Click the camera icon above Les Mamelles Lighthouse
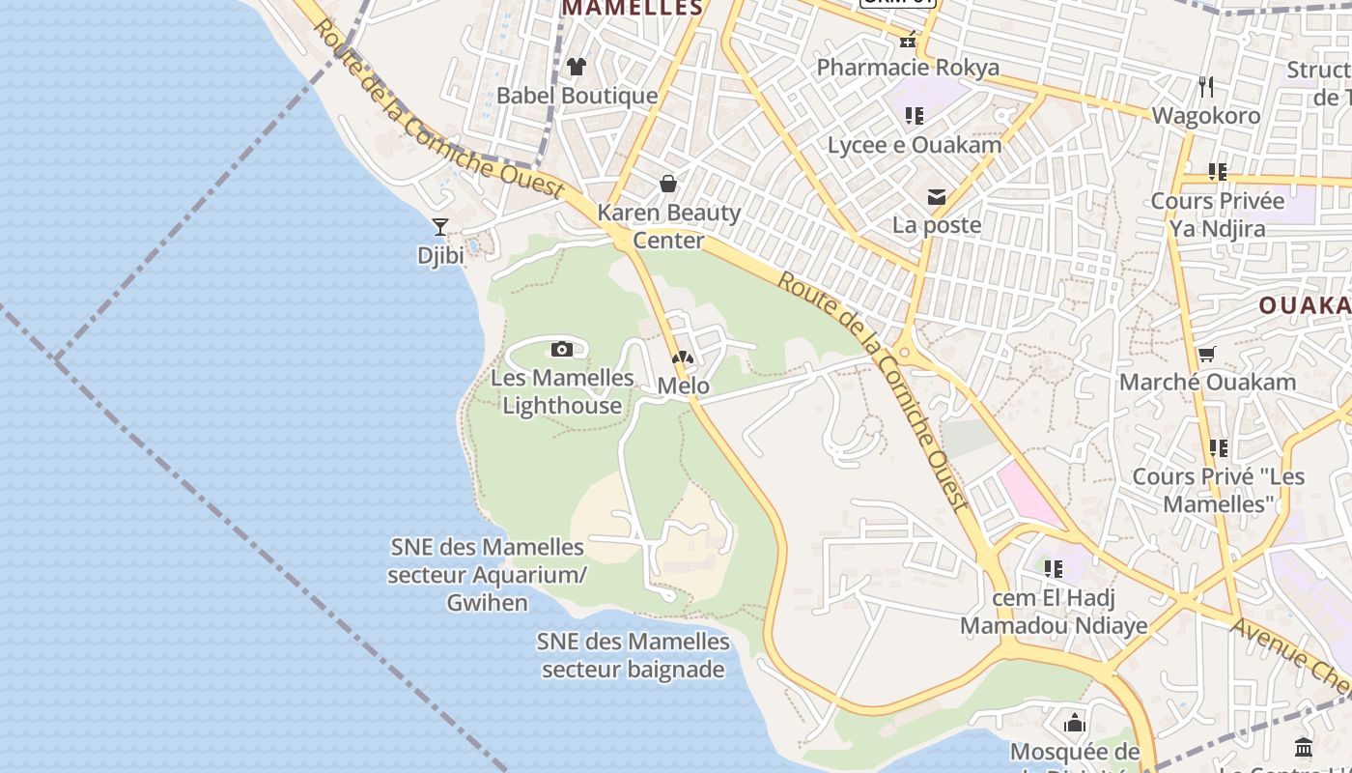[x=562, y=349]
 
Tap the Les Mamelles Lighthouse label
[x=562, y=391]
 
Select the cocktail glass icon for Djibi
[x=440, y=227]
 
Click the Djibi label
[x=440, y=256]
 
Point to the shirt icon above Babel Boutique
[x=577, y=67]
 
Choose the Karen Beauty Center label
[x=669, y=226]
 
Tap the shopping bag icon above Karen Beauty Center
[x=667, y=184]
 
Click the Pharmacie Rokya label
[x=908, y=68]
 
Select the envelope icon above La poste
[x=936, y=197]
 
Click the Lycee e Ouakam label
[x=915, y=145]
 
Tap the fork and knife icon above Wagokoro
[x=1206, y=87]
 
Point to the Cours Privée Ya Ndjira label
[x=1218, y=215]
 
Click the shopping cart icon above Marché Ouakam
[x=1206, y=354]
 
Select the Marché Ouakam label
[x=1207, y=382]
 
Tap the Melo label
[x=683, y=386]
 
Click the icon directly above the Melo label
[x=683, y=358]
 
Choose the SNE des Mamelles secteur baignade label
[x=634, y=655]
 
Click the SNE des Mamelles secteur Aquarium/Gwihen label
[x=488, y=575]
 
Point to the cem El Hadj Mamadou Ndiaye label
[x=1054, y=612]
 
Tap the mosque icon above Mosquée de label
[x=1075, y=723]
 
